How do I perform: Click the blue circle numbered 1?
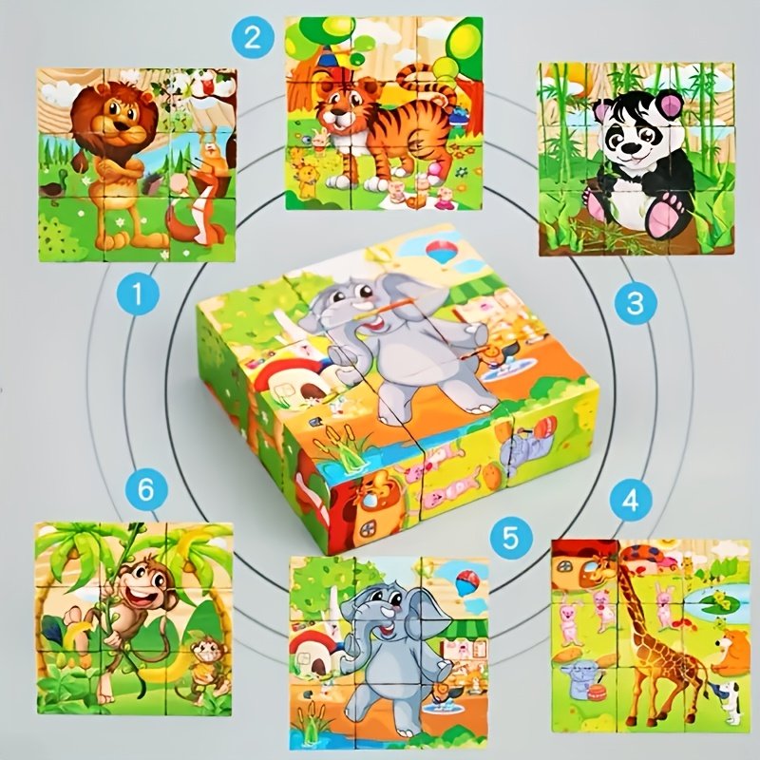(138, 294)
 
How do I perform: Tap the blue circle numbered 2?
(253, 37)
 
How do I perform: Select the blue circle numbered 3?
(636, 303)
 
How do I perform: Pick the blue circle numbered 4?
(630, 501)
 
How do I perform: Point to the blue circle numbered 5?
(511, 537)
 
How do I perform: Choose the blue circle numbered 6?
(146, 489)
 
